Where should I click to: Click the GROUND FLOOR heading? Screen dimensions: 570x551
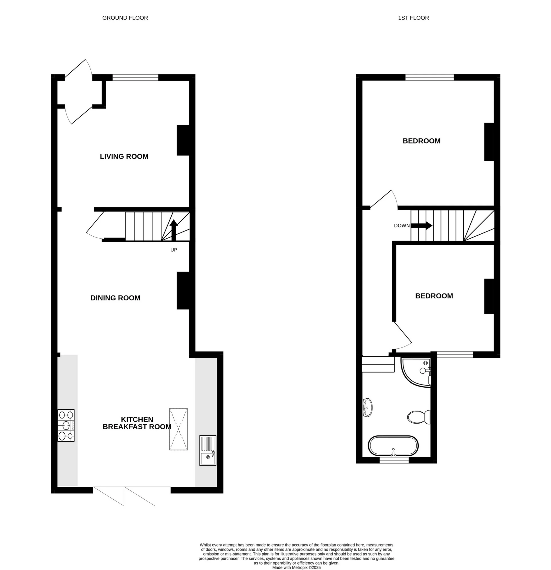point(125,18)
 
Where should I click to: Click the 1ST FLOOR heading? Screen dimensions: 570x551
point(413,18)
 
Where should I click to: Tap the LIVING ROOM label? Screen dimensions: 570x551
point(124,156)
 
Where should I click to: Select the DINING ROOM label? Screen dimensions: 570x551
point(115,298)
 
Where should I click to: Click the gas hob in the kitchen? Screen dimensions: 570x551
point(66,426)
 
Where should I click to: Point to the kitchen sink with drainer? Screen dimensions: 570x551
point(208,451)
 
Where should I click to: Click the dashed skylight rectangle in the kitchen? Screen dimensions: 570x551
point(179,429)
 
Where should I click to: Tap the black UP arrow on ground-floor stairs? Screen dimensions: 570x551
point(174,230)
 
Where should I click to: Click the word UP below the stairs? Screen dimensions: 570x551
point(174,250)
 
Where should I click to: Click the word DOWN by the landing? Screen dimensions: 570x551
point(401,226)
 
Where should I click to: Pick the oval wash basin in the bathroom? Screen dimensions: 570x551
point(368,407)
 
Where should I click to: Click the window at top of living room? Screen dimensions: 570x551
point(135,77)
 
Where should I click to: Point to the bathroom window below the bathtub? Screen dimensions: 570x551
point(394,460)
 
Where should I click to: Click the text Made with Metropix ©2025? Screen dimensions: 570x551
point(296,567)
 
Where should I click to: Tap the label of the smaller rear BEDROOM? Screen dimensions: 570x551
point(434,296)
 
